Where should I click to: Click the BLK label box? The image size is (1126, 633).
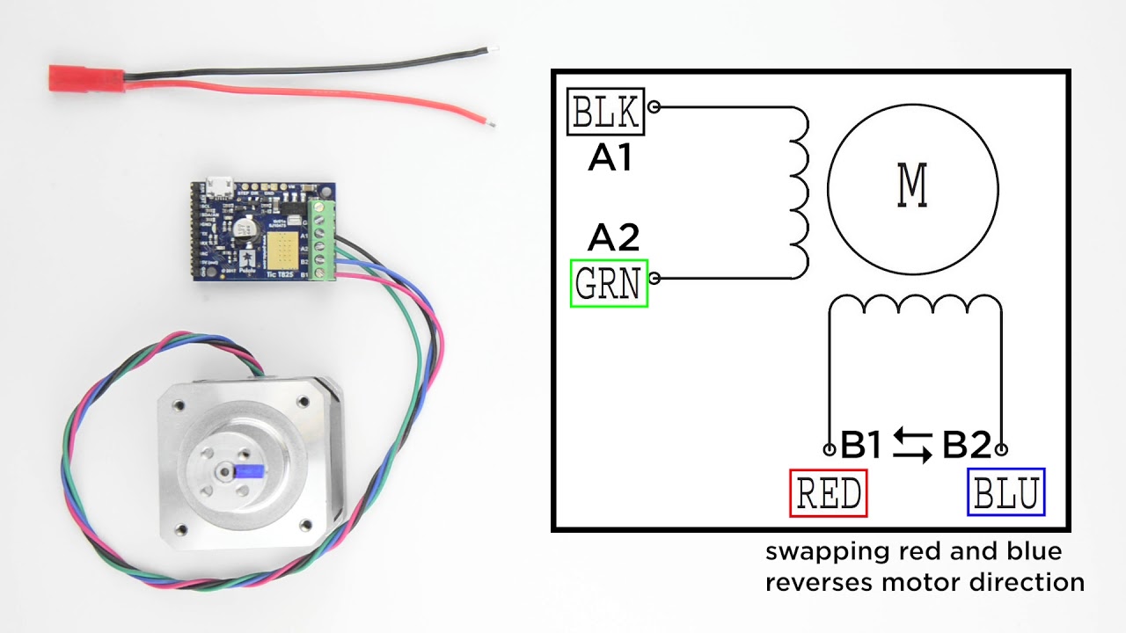[607, 112]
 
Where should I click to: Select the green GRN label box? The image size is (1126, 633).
[609, 283]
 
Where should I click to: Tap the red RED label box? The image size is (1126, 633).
[829, 492]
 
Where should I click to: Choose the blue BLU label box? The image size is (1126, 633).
[1005, 492]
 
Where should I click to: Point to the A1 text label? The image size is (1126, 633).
[610, 158]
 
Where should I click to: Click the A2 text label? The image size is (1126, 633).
[613, 237]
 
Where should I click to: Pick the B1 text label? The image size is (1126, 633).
[860, 447]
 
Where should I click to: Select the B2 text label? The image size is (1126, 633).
[967, 447]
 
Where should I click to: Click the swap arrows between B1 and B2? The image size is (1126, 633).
[912, 447]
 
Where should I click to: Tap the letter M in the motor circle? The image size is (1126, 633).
[912, 186]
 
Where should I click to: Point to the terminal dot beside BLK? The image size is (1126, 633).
[654, 107]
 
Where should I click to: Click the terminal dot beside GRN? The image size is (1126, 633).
[654, 279]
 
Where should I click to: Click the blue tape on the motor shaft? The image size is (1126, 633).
[252, 471]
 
